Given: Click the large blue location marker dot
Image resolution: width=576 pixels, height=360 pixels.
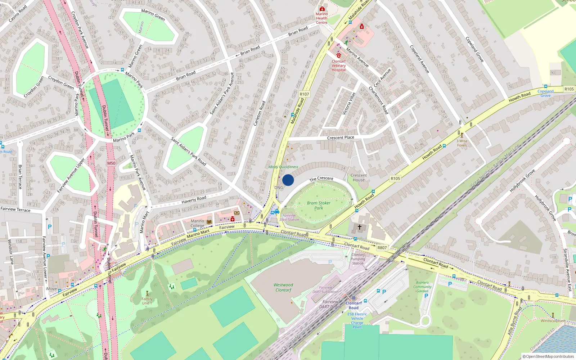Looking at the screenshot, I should pyautogui.click(x=288, y=180).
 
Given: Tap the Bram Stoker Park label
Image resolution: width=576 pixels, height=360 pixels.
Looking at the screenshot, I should pyautogui.click(x=319, y=205).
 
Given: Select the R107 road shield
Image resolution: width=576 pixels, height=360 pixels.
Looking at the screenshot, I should pyautogui.click(x=304, y=94).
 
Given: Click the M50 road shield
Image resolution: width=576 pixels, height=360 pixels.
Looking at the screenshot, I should pyautogui.click(x=111, y=163).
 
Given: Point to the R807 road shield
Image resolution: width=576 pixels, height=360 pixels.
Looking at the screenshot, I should pyautogui.click(x=382, y=248).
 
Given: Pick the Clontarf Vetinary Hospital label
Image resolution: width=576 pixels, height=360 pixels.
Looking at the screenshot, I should pyautogui.click(x=339, y=66).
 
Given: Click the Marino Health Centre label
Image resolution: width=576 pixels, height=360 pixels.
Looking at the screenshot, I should pyautogui.click(x=321, y=18).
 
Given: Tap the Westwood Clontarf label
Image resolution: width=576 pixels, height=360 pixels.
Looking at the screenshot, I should pyautogui.click(x=283, y=287).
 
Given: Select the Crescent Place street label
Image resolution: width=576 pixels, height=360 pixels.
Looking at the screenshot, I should pyautogui.click(x=341, y=138).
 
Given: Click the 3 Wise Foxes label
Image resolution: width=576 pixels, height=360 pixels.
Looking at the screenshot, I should pyautogui.click(x=462, y=143).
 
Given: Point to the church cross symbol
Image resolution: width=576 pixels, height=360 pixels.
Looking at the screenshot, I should pyautogui.click(x=359, y=227).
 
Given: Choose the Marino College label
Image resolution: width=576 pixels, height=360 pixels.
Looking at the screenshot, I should pyautogui.click(x=197, y=223).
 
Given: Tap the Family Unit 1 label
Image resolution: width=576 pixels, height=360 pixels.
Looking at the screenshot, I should pyautogui.click(x=147, y=301).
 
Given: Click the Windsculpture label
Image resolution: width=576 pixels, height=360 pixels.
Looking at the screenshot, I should pyautogui.click(x=553, y=320).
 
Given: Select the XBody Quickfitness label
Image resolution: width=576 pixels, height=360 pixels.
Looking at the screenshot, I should pyautogui.click(x=283, y=167).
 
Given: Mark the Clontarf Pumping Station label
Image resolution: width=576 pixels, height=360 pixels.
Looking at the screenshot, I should pyautogui.click(x=358, y=259).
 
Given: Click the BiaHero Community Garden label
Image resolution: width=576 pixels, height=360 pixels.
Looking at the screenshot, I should pyautogui.click(x=422, y=287).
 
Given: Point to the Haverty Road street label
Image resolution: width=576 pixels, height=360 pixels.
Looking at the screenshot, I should pyautogui.click(x=194, y=199).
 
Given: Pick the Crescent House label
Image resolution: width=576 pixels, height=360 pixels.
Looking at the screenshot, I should pyautogui.click(x=359, y=177).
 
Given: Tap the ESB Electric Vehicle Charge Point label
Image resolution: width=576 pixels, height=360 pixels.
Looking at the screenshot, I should pyautogui.click(x=357, y=320).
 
